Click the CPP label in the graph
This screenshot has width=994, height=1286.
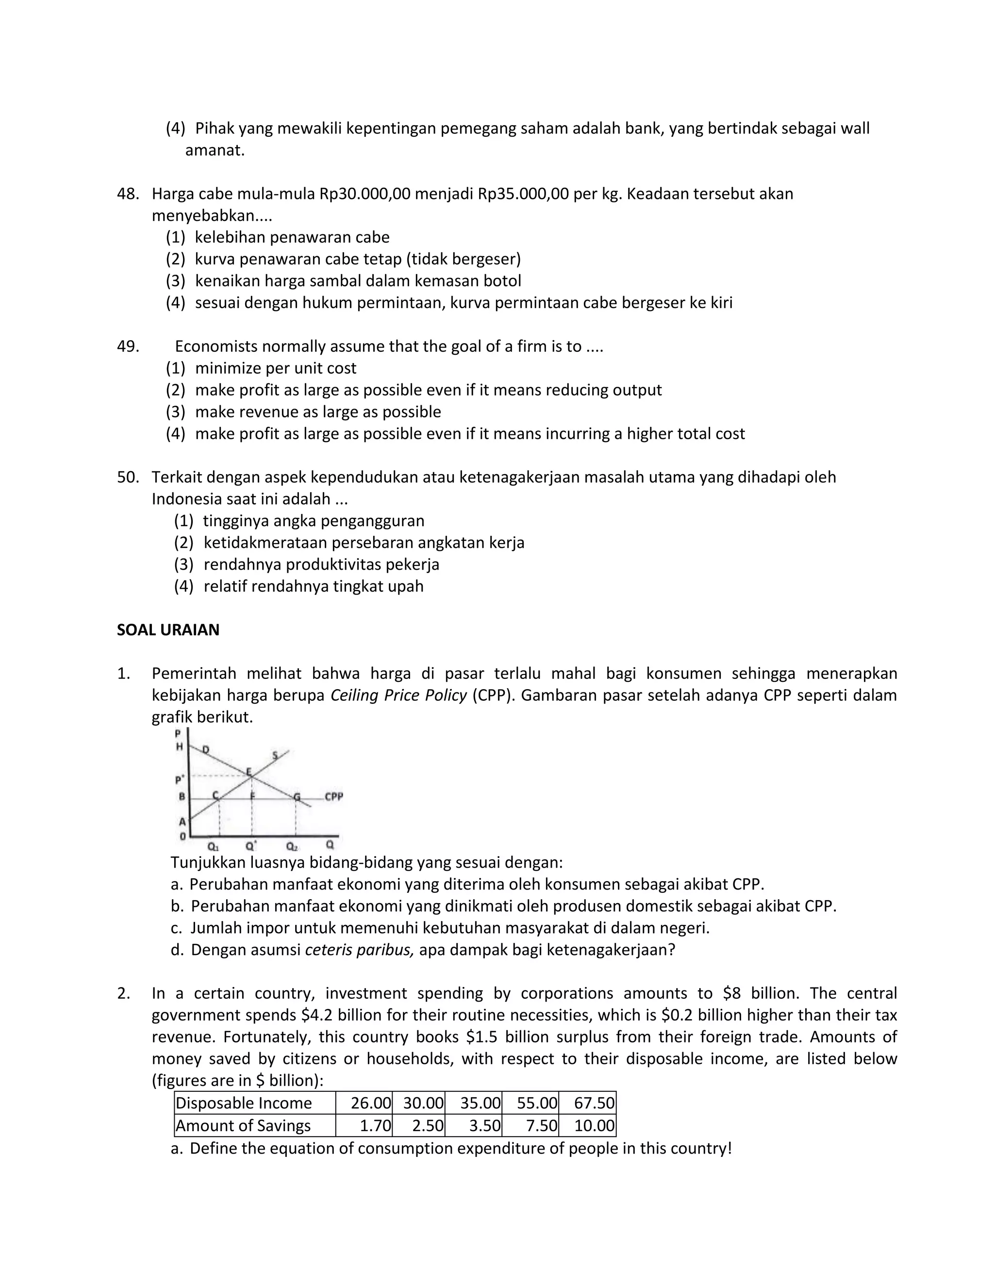pos(333,797)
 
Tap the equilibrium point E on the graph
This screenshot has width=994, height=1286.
pos(249,772)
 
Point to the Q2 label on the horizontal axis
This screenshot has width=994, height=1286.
pos(292,846)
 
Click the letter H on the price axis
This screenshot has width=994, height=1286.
pos(179,747)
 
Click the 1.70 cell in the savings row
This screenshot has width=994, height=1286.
pos(375,1126)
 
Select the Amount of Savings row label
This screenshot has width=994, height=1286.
pos(243,1126)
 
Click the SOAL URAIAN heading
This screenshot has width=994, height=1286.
pos(168,630)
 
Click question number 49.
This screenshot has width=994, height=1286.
pos(128,346)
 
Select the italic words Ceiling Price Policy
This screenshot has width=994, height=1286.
pos(398,695)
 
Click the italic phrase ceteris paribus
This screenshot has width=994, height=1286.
pos(359,950)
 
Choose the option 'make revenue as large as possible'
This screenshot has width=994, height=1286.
pos(317,412)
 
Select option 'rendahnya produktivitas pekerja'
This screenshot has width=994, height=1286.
pos(321,564)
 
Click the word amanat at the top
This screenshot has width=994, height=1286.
pos(215,150)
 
